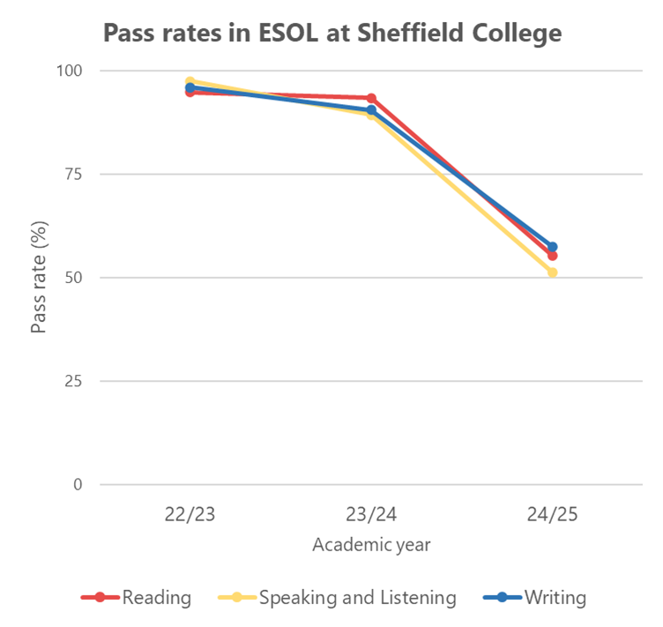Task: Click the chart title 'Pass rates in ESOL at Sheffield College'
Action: tap(332, 34)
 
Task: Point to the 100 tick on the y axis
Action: tap(70, 71)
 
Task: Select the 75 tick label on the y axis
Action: tap(73, 174)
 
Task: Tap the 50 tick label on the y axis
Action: tap(73, 278)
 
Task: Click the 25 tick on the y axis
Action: tap(73, 381)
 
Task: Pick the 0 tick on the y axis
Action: tap(78, 484)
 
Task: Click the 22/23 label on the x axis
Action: tap(190, 514)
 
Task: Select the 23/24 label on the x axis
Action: tap(371, 514)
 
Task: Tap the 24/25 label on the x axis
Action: tap(552, 514)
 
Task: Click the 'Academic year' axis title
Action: tap(371, 545)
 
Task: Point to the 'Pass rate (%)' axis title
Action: tap(39, 278)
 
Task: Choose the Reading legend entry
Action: tap(136, 597)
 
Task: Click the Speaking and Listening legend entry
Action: tap(337, 597)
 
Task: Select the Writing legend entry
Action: tap(534, 597)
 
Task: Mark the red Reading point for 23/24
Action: tap(371, 99)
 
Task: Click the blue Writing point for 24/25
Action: tap(552, 247)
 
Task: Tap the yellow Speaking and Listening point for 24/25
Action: tap(552, 272)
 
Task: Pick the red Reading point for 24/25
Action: tap(552, 256)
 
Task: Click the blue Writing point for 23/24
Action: tap(371, 110)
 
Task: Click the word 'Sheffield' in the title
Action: tap(410, 33)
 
